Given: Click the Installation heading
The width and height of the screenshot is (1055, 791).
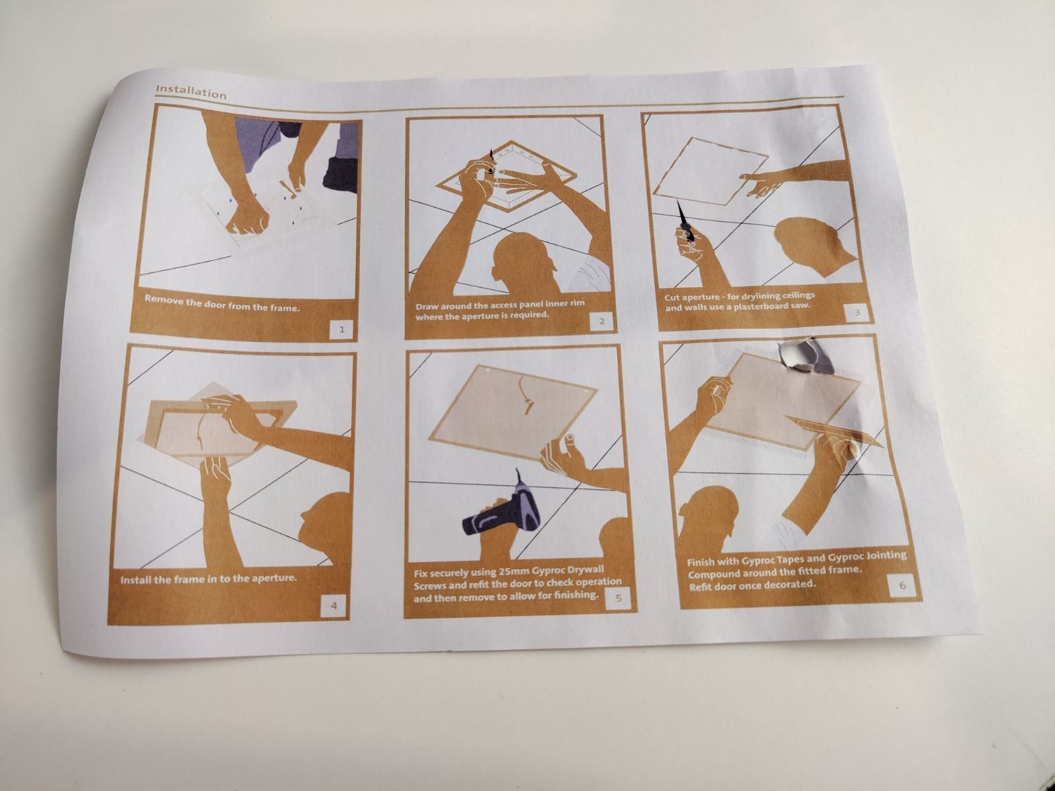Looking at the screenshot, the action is (x=191, y=91).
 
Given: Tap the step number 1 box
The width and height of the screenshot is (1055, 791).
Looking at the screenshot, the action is (x=342, y=330).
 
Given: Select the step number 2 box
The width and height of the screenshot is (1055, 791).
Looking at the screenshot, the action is (x=602, y=321).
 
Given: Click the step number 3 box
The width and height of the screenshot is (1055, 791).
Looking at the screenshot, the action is (x=857, y=313).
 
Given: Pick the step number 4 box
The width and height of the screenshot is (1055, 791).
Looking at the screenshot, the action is (x=334, y=606).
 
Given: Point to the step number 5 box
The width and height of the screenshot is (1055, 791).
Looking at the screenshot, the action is (x=618, y=599).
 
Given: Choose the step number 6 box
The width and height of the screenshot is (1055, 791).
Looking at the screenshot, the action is (x=901, y=586).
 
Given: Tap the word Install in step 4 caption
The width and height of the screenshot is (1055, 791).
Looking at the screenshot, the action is (x=136, y=580).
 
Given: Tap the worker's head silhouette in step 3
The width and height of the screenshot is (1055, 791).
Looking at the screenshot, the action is (x=813, y=245).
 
